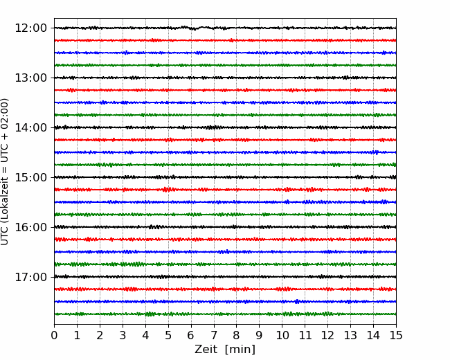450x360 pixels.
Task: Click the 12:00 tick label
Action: pyautogui.click(x=30, y=28)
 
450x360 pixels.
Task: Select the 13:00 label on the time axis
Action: pyautogui.click(x=30, y=78)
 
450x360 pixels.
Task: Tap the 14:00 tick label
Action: pyautogui.click(x=30, y=127)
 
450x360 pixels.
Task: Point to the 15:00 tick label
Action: pyautogui.click(x=30, y=177)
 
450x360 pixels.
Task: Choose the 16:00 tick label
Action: pyautogui.click(x=30, y=227)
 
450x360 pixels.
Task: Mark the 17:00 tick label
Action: pyautogui.click(x=30, y=277)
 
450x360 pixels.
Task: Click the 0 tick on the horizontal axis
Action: pyautogui.click(x=54, y=335)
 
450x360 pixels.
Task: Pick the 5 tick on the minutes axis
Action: pyautogui.click(x=168, y=335)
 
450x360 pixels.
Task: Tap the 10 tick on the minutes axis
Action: pyautogui.click(x=282, y=335)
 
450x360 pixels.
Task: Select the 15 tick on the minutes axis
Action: pyautogui.click(x=396, y=335)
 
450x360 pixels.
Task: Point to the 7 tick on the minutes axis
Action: pyautogui.click(x=214, y=335)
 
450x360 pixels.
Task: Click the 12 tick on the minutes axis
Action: pyautogui.click(x=327, y=335)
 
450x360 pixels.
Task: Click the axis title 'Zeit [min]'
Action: pyautogui.click(x=225, y=350)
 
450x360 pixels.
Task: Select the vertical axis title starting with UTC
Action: pyautogui.click(x=5, y=172)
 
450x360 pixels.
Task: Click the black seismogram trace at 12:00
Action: pyautogui.click(x=225, y=28)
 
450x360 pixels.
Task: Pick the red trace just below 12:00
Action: pyautogui.click(x=225, y=40)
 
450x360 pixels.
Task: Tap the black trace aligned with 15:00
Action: pyautogui.click(x=225, y=177)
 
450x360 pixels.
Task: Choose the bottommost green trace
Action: pyautogui.click(x=225, y=314)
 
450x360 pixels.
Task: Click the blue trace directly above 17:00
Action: pyautogui.click(x=225, y=252)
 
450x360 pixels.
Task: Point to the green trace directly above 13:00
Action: pyautogui.click(x=225, y=65)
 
